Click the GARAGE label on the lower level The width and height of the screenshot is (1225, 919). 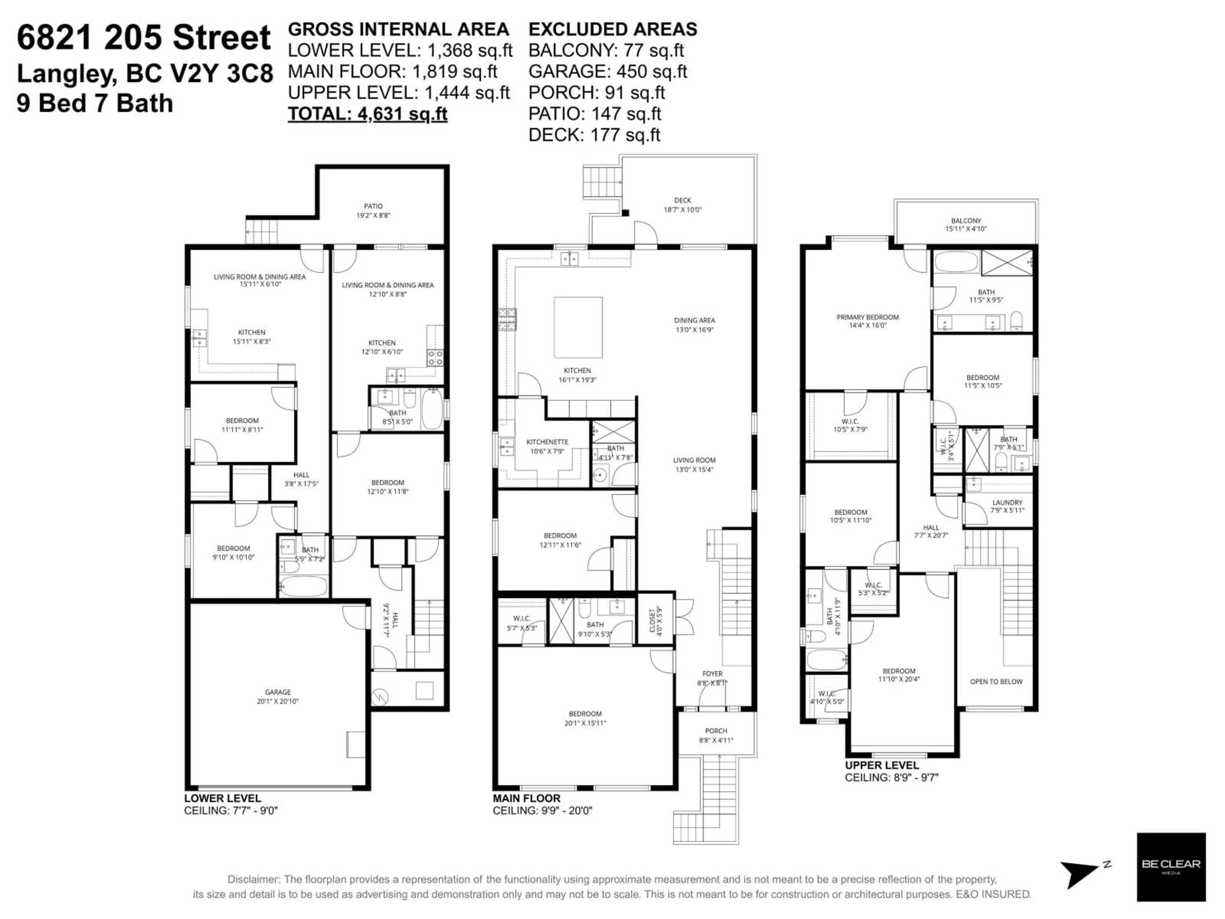tap(278, 692)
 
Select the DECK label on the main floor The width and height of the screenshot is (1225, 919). tap(682, 200)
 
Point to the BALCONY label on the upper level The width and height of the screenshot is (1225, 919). tap(966, 220)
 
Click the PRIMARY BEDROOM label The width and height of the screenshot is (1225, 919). tap(867, 318)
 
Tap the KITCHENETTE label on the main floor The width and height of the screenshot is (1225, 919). tap(547, 442)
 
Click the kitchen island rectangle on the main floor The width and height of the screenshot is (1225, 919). tap(578, 328)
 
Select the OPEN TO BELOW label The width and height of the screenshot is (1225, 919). tap(996, 681)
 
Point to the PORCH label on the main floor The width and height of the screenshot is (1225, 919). tap(716, 731)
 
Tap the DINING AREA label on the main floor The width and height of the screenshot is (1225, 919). tap(694, 320)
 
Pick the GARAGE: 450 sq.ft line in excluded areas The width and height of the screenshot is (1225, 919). tap(607, 71)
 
